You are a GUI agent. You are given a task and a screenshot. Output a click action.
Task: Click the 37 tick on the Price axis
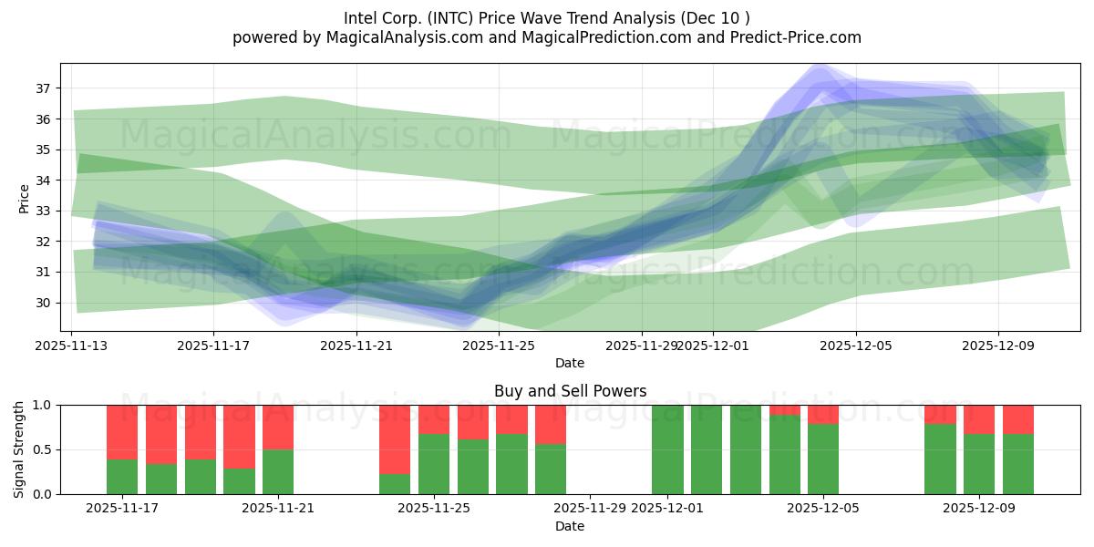44,88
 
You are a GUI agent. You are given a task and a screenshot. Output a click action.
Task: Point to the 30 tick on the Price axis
44,303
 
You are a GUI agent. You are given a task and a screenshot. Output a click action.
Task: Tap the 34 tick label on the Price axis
44,181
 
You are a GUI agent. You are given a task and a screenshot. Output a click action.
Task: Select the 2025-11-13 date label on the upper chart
71,346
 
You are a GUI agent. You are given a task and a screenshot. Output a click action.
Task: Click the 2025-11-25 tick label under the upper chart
499,346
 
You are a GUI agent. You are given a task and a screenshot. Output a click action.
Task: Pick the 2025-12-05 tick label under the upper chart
855,346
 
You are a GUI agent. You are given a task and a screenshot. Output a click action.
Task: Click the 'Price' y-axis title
24,197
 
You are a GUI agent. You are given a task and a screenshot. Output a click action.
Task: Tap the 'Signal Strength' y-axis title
19,449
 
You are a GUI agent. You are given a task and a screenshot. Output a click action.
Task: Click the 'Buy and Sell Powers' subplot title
570,391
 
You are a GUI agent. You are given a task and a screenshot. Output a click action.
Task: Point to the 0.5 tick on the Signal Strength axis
43,449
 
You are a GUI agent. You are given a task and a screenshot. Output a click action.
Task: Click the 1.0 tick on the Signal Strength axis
43,405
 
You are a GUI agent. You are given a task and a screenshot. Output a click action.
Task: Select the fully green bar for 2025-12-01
667,449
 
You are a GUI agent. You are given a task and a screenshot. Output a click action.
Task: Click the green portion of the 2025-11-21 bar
278,472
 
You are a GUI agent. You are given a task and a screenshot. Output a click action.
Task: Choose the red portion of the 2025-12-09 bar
979,418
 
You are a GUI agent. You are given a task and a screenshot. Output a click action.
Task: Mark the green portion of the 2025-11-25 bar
434,464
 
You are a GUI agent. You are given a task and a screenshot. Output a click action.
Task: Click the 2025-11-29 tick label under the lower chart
590,508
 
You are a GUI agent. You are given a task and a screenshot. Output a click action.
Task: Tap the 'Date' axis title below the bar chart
570,526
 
